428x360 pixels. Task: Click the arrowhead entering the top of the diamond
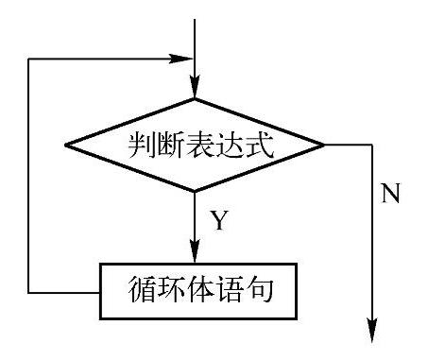click(x=195, y=90)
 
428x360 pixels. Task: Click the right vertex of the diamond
click(x=325, y=146)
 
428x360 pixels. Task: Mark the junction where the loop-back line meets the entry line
click(x=195, y=59)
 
